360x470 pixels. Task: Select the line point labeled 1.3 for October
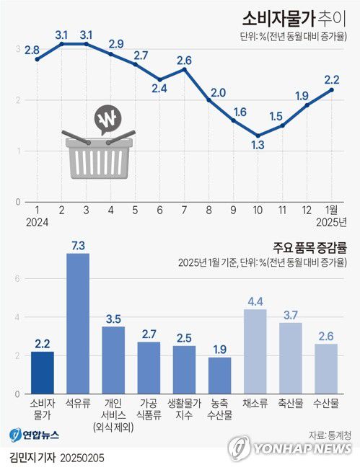pos(258,136)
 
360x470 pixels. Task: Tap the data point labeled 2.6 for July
pos(184,69)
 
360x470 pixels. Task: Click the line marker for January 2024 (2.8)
pos(37,59)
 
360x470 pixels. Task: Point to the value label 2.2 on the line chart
pos(333,79)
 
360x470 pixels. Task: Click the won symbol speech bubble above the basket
pos(110,119)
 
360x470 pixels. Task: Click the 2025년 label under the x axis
pos(333,222)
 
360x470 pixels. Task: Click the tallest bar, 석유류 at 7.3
pos(77,323)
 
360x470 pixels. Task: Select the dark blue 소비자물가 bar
pos(42,372)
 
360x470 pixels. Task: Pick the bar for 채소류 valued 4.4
pos(255,351)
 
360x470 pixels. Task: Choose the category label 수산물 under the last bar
pos(326,402)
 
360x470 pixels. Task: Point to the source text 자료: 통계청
pos(327,435)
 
